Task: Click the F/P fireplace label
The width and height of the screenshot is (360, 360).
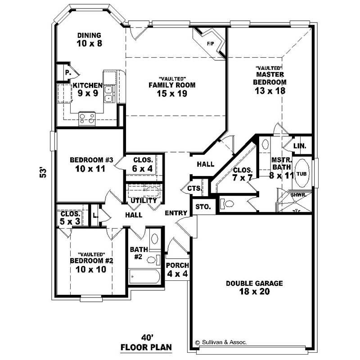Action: click(210, 44)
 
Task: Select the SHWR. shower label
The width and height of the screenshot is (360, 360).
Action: click(298, 195)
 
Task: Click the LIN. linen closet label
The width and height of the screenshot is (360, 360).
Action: click(300, 146)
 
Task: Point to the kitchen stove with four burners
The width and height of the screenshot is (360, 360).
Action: click(87, 118)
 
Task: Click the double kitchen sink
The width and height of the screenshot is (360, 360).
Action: click(108, 93)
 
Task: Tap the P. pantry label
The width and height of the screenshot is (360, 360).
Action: click(67, 72)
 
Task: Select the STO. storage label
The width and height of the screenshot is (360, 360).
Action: click(200, 207)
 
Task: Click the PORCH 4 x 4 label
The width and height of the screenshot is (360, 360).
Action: click(177, 269)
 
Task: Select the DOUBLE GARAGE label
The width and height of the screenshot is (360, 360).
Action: click(254, 287)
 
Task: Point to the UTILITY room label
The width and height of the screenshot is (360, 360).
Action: click(144, 200)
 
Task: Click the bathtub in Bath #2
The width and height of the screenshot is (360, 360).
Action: click(144, 276)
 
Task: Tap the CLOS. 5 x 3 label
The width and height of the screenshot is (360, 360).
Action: click(70, 218)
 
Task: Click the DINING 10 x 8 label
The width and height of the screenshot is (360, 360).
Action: click(89, 39)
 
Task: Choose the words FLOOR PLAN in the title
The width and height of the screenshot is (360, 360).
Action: click(147, 347)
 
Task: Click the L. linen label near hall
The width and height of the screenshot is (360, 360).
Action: click(95, 216)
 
